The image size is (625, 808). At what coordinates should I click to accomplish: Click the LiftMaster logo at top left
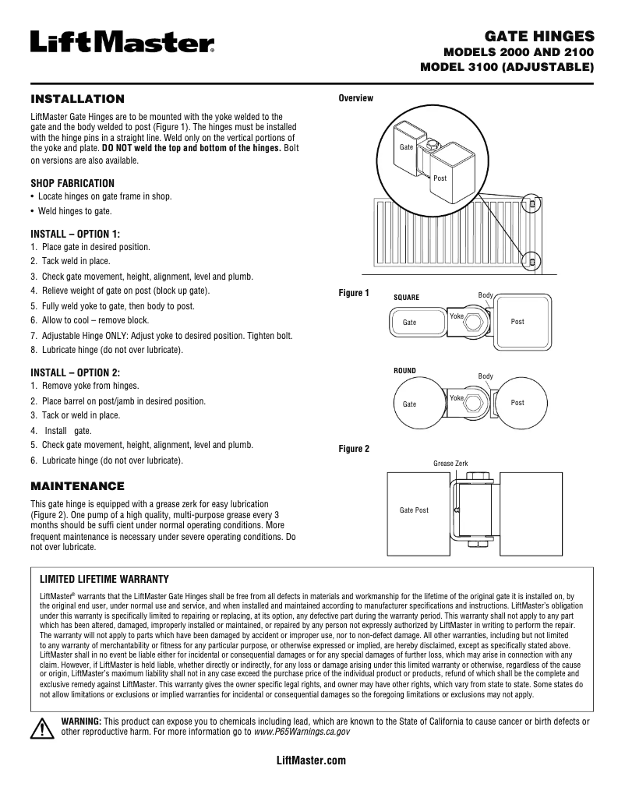pyautogui.click(x=122, y=41)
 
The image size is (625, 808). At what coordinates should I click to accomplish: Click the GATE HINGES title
pyautogui.click(x=539, y=36)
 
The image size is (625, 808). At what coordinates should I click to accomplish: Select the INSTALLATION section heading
pyautogui.click(x=77, y=99)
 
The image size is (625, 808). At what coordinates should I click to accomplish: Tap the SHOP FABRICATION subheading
pyautogui.click(x=72, y=183)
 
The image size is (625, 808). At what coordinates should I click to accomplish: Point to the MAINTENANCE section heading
pyautogui.click(x=77, y=485)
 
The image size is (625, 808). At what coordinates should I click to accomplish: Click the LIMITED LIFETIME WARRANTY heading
pyautogui.click(x=104, y=579)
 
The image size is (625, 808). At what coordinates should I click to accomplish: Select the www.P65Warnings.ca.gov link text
pyautogui.click(x=301, y=732)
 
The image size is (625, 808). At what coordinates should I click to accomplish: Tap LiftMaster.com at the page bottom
pyautogui.click(x=312, y=760)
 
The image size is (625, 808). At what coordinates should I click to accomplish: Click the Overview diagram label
pyautogui.click(x=355, y=98)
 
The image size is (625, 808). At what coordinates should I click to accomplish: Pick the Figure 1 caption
pyautogui.click(x=354, y=293)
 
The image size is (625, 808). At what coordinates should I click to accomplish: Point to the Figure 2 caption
pyautogui.click(x=354, y=449)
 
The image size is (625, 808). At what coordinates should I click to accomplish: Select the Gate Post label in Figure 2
pyautogui.click(x=414, y=510)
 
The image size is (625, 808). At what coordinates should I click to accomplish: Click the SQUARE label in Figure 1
pyautogui.click(x=406, y=298)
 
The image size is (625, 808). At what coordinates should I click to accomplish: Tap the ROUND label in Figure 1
pyautogui.click(x=405, y=371)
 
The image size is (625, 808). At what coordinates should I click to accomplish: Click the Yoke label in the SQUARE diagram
pyautogui.click(x=457, y=316)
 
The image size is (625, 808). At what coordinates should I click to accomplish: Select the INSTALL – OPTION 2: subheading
pyautogui.click(x=75, y=372)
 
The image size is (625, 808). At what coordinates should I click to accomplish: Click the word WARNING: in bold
pyautogui.click(x=81, y=722)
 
